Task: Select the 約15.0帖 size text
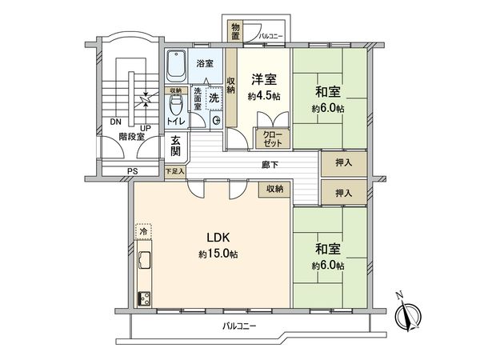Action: click(x=218, y=254)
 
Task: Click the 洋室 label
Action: click(x=265, y=80)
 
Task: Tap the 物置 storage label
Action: click(x=235, y=31)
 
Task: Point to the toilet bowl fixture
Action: click(x=177, y=103)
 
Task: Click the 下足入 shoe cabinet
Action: click(x=174, y=170)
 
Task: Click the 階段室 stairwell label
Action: click(x=131, y=137)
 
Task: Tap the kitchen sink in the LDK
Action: click(x=145, y=261)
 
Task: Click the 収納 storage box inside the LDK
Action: click(x=274, y=189)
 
